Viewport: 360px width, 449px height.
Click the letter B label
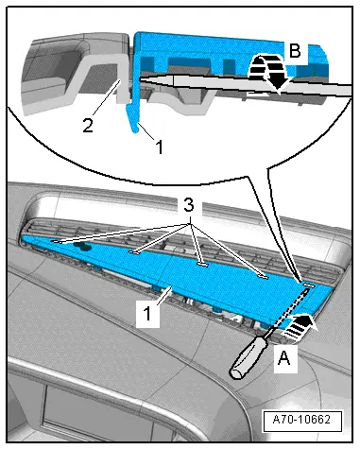(295, 50)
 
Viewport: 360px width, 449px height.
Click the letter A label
(284, 358)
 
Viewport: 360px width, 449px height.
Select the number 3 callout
(189, 206)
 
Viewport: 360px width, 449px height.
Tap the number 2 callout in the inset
(88, 126)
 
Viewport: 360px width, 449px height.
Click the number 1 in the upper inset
(160, 147)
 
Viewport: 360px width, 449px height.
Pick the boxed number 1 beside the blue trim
(147, 314)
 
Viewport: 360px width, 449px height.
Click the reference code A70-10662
(301, 420)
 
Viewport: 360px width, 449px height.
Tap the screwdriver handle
(248, 357)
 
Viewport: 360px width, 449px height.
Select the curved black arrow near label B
(270, 70)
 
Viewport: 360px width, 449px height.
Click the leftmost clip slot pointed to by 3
(57, 242)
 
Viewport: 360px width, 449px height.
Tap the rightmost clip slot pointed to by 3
(262, 277)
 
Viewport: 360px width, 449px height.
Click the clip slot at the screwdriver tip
(309, 285)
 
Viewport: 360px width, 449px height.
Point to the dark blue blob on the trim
(82, 246)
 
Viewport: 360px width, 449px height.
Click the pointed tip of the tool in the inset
(141, 78)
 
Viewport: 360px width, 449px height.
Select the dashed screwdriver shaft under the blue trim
(290, 309)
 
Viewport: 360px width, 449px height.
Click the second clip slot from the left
(134, 252)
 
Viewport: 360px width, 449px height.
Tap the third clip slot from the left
(203, 265)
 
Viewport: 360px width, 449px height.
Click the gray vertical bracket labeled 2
(122, 78)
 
